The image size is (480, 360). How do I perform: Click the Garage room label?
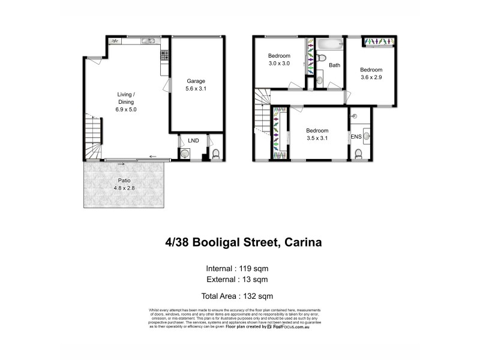coord(196,81)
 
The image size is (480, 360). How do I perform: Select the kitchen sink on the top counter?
coord(148,41)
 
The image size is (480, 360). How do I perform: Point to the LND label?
coord(193,140)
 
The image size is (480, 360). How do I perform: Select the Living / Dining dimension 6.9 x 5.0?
coord(126,110)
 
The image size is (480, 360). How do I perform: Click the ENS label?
coord(356,137)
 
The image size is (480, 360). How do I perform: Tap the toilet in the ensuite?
coord(358,154)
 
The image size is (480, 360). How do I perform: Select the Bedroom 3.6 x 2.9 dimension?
coord(371,77)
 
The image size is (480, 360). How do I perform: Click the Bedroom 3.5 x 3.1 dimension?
coord(317,138)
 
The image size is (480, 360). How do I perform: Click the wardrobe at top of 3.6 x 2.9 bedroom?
coord(379,41)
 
